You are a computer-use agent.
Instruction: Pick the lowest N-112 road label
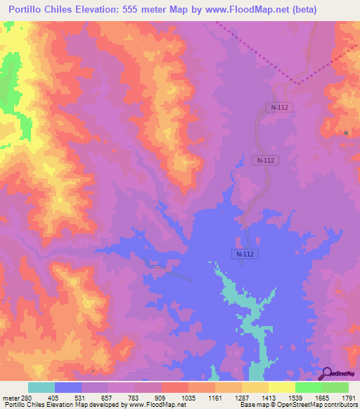(x=244, y=254)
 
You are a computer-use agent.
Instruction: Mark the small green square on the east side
(x=347, y=132)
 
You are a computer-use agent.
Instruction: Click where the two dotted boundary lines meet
(x=298, y=84)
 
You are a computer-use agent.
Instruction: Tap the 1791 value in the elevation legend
(x=349, y=397)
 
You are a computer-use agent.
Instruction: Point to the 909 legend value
(x=162, y=397)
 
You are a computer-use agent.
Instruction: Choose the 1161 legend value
(x=215, y=397)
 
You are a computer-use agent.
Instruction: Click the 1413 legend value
(x=269, y=397)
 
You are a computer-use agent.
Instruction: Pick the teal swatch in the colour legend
(x=41, y=387)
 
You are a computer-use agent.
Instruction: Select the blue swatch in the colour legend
(x=68, y=387)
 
